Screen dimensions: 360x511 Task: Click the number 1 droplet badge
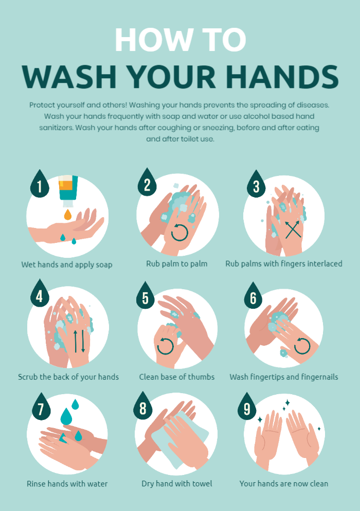[x=40, y=185]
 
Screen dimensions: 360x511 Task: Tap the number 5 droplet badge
[x=146, y=297]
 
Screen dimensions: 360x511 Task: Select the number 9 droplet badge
[x=247, y=408]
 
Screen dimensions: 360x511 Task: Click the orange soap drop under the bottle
[x=67, y=215]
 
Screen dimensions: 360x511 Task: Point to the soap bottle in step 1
[x=68, y=191]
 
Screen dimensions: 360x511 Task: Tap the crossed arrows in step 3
[x=293, y=230]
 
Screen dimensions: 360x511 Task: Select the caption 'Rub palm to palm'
[x=176, y=263]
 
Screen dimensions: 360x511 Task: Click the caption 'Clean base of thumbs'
[x=176, y=377]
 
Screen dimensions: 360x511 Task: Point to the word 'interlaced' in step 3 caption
[x=321, y=263]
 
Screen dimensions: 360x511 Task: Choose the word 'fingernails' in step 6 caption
[x=319, y=377]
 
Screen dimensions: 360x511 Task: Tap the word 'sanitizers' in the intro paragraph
[x=57, y=128]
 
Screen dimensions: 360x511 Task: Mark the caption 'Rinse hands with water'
[x=67, y=484]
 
